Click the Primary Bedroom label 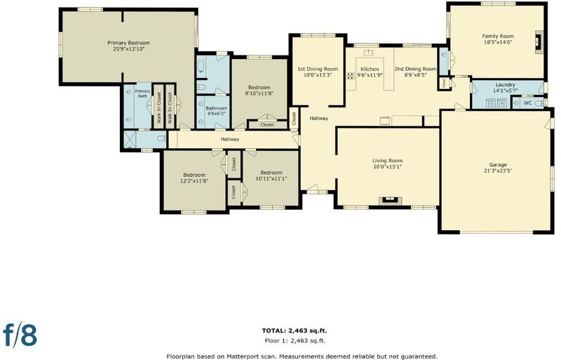click(129, 43)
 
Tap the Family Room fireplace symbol click(539, 42)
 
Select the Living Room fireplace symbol click(388, 200)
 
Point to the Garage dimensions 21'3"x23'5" click(498, 171)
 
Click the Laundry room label click(505, 85)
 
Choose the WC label click(528, 103)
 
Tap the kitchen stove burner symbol click(350, 76)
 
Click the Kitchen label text click(370, 69)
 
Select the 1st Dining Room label click(318, 69)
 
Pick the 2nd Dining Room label click(415, 69)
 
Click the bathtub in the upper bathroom click(201, 67)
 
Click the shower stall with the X click(130, 140)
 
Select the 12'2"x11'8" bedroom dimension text click(194, 181)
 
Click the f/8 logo click(20, 335)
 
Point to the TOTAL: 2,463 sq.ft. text click(295, 331)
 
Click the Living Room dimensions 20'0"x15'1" click(388, 166)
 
